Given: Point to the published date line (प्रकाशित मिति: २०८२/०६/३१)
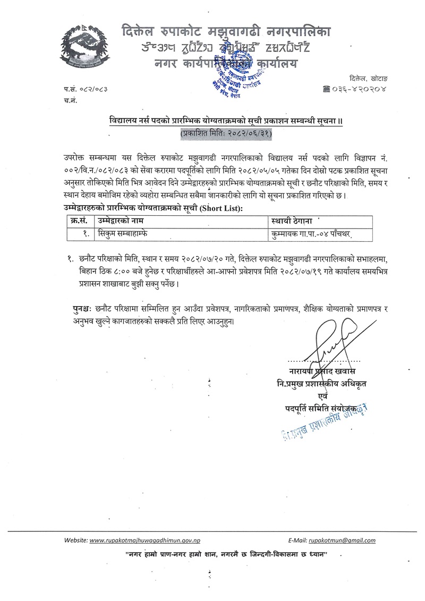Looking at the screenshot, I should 226,134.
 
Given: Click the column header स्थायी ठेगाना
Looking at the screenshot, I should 294,220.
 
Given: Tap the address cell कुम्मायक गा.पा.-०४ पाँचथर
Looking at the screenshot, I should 312,233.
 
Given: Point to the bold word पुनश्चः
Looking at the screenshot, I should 86,309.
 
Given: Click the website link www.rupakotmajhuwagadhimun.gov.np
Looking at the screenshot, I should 144,540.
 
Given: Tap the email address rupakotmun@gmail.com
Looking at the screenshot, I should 342,540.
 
